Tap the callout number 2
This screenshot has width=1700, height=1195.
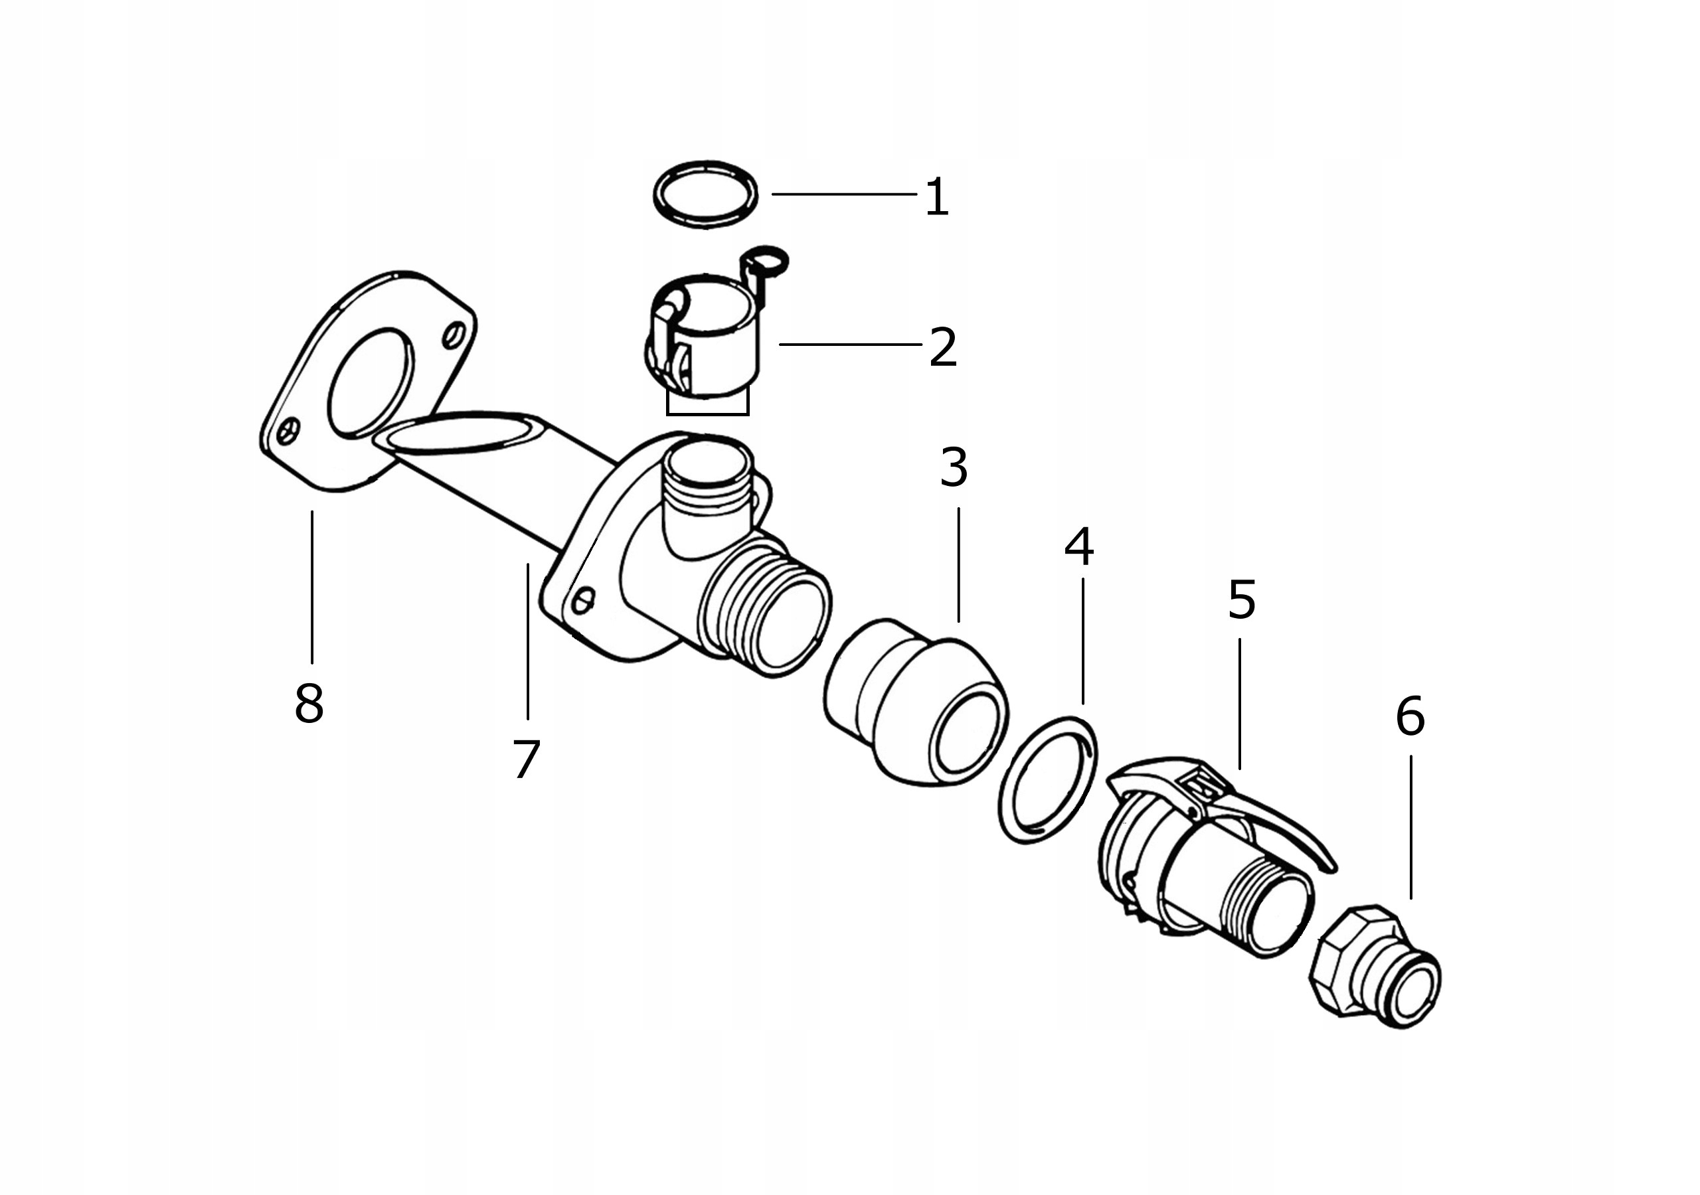943,347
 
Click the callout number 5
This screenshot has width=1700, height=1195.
1242,599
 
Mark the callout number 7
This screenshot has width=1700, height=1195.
527,759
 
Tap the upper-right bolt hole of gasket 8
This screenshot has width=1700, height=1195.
454,335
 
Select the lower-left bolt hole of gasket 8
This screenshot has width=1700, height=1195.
288,430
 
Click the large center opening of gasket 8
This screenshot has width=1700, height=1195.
370,383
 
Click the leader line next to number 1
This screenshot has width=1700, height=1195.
844,195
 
